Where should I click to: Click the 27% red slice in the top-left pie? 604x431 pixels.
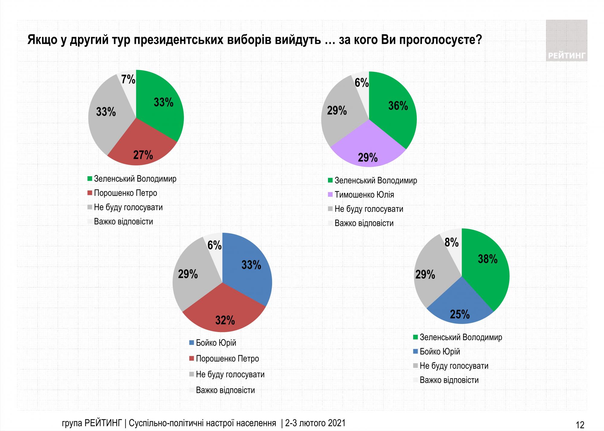coord(142,148)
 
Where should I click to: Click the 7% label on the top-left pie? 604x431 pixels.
coord(128,79)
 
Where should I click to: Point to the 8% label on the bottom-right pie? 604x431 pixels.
coord(451,242)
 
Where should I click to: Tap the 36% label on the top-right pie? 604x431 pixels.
coord(398,106)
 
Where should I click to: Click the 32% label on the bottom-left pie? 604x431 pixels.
coord(225,320)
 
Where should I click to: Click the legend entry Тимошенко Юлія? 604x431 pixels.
coord(364,195)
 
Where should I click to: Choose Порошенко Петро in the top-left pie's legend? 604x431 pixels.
coord(125,193)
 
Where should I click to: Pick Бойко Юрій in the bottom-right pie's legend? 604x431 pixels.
coord(440,352)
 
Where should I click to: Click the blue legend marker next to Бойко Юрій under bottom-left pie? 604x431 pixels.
coord(191,343)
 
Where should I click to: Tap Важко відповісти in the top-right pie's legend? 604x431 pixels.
coord(364,223)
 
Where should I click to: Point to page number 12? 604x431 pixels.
coord(580,425)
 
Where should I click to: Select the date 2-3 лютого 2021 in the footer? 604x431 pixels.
coord(315,423)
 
